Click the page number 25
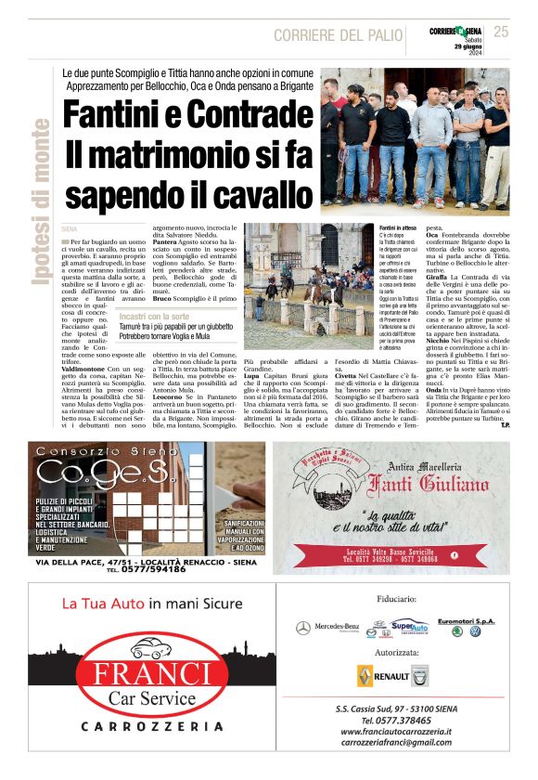coord(502,32)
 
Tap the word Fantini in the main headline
coord(121,115)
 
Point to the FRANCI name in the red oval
coord(137,671)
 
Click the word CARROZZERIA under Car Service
coord(138,725)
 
